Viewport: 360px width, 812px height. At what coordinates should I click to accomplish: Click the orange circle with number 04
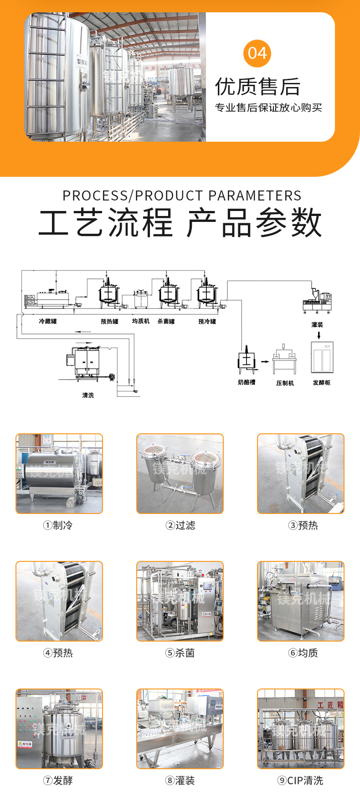click(257, 53)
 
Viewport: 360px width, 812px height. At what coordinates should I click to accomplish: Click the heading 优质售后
click(257, 87)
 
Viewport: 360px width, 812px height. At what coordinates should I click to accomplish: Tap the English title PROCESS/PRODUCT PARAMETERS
click(182, 196)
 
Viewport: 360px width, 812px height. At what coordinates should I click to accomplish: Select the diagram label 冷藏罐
click(48, 321)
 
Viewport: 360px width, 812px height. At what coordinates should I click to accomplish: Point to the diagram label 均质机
click(141, 321)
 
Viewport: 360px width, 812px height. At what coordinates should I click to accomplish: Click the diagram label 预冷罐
click(207, 321)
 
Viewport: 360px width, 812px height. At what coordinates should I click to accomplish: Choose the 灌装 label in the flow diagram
click(317, 325)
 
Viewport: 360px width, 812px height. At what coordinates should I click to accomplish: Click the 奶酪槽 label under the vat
click(247, 382)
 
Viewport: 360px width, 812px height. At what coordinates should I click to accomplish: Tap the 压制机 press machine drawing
click(285, 360)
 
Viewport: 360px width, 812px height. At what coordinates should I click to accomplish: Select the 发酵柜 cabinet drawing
click(322, 357)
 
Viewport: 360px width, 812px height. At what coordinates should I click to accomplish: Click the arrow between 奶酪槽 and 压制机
click(265, 362)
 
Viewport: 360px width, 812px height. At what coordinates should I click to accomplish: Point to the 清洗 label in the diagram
click(88, 395)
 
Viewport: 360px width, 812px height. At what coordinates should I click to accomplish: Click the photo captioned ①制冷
click(59, 473)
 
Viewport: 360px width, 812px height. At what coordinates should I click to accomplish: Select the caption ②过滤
click(180, 525)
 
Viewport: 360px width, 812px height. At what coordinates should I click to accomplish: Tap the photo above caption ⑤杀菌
click(180, 601)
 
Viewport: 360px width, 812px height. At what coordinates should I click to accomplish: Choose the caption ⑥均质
click(303, 653)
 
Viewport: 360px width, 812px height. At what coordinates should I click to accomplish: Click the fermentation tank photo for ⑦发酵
click(59, 729)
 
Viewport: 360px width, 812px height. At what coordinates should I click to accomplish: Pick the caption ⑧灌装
click(180, 781)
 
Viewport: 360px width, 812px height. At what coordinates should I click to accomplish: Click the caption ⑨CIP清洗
click(300, 781)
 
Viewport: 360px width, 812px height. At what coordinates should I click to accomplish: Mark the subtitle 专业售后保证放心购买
click(268, 108)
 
